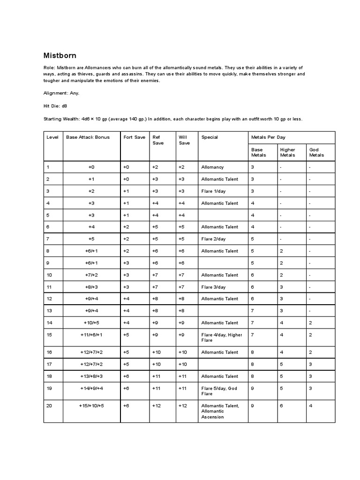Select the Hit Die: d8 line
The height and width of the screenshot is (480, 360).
coord(55,106)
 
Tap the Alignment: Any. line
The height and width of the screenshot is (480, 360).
coord(61,93)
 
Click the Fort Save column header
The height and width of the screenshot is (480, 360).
coord(134,137)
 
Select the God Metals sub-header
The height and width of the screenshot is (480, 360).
coord(316,152)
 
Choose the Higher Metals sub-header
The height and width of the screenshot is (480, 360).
coord(287,152)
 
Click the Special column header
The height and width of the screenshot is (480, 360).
coord(210,137)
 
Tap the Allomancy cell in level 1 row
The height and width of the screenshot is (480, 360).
coord(212,167)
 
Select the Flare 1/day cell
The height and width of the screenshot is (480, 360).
coord(213,191)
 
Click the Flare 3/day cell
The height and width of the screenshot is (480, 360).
coord(213,287)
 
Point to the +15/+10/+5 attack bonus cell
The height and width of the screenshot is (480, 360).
coord(91,405)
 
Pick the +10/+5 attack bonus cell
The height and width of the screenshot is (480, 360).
coord(91,322)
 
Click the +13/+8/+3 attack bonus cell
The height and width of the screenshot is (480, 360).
coord(91,376)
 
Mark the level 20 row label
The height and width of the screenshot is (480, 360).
coord(49,405)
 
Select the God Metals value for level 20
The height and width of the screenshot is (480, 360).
coord(311,405)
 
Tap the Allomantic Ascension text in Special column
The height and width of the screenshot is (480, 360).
coord(212,414)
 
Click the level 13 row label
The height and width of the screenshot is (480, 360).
coord(49,311)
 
